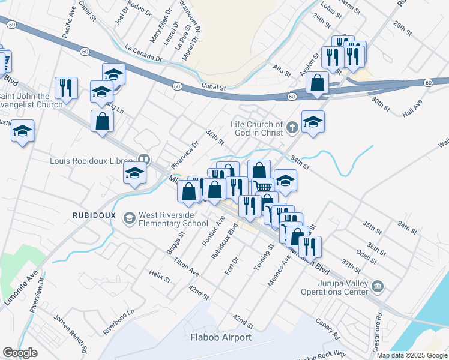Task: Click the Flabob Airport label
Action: [220, 337]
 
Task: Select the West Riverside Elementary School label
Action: [173, 219]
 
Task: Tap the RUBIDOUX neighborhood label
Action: [94, 215]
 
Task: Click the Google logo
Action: [20, 353]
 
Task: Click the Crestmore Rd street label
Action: [379, 325]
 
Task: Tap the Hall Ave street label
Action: [413, 109]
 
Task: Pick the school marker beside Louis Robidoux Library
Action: [134, 173]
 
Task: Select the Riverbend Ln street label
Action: [118, 322]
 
